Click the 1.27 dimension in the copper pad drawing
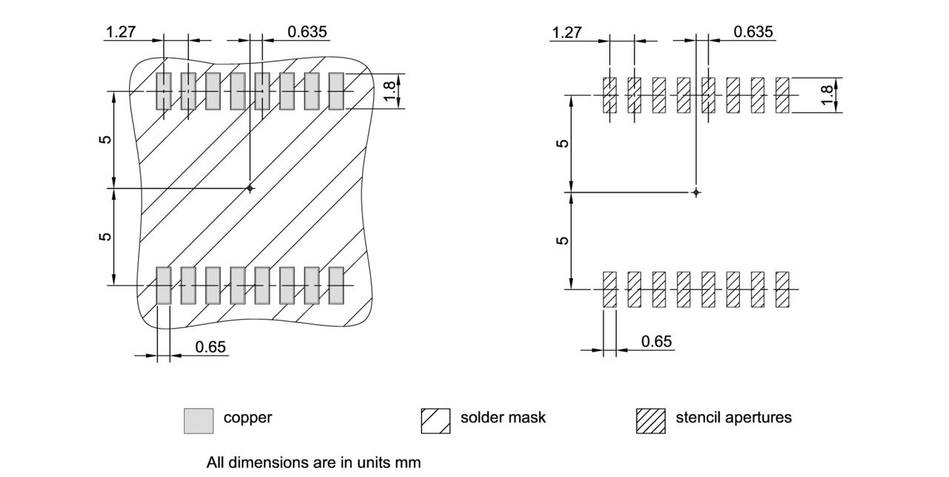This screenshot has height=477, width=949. tap(121, 32)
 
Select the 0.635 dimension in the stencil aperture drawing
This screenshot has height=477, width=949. tap(753, 32)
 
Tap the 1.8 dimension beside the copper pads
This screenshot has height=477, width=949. tap(390, 91)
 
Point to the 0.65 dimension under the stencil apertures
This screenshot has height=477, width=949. tap(656, 341)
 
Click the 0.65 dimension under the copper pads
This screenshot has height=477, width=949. tap(210, 347)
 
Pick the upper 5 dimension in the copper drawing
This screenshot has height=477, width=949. tap(106, 139)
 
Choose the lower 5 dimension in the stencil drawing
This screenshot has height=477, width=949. tap(563, 240)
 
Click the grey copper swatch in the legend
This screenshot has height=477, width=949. tap(198, 420)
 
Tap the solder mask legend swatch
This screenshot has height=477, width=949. tap(435, 420)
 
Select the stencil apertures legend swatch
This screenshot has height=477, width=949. tap(650, 420)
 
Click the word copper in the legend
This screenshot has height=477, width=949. tap(248, 418)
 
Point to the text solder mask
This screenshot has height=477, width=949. tap(503, 418)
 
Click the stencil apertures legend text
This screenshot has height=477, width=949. tap(733, 418)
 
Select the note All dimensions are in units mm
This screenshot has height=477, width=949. tap(314, 462)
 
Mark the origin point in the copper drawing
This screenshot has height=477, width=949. tap(250, 188)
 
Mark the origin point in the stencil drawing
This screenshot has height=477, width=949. tap(695, 193)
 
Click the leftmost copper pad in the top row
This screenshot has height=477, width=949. tap(163, 91)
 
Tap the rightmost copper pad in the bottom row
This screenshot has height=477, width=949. tap(337, 286)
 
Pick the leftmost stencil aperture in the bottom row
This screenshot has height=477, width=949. tap(609, 289)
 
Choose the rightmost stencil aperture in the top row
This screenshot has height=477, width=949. tap(782, 95)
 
